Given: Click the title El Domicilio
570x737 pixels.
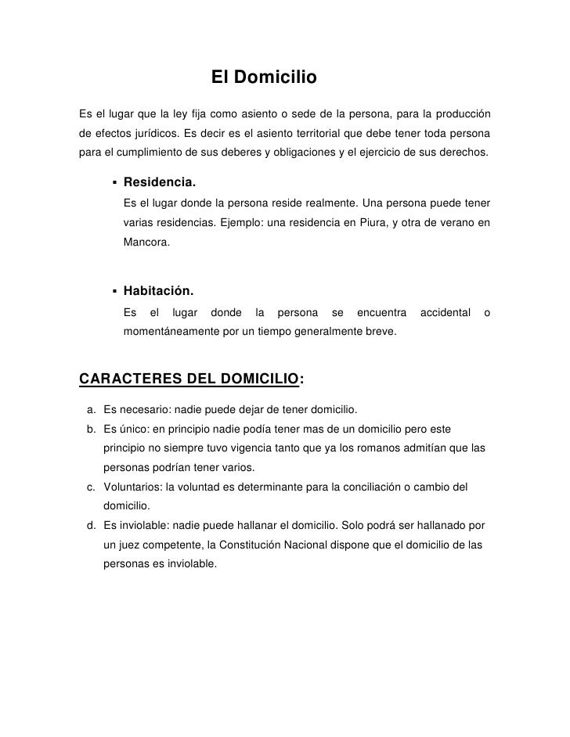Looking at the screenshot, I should coord(263,78).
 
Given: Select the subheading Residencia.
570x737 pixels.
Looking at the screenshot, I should coord(160,182).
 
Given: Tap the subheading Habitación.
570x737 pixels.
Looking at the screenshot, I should coord(158,290).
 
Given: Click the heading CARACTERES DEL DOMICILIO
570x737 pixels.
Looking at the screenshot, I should coord(189,379).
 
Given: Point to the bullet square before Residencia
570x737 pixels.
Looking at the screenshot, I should coord(114,182).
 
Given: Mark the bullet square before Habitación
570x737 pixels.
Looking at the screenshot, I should coord(114,291).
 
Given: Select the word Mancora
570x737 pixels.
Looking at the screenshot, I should coord(145,243).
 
